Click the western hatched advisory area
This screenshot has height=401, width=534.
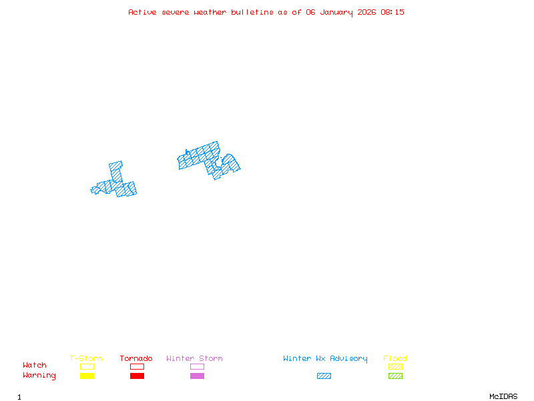coord(115,186)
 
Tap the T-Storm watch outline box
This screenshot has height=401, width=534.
coord(87,366)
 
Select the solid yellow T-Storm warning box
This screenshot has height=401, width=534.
coord(87,376)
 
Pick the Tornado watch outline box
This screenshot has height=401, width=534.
coord(137,366)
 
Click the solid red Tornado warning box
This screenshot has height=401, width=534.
coord(137,376)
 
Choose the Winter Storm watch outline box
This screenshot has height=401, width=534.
coord(197,366)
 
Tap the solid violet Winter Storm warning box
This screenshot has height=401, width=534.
coord(197,376)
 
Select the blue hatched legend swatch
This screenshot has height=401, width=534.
coord(324,376)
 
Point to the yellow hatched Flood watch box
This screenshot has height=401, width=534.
coord(395,366)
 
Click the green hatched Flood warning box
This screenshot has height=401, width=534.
coord(395,376)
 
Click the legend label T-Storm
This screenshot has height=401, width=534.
coord(86,358)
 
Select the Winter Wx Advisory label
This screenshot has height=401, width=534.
coord(325,358)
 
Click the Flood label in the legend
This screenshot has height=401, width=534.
coord(395,358)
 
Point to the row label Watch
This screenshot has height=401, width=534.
coord(35,366)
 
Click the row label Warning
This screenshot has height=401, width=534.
coord(39,376)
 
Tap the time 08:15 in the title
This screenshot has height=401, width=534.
coord(392,12)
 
